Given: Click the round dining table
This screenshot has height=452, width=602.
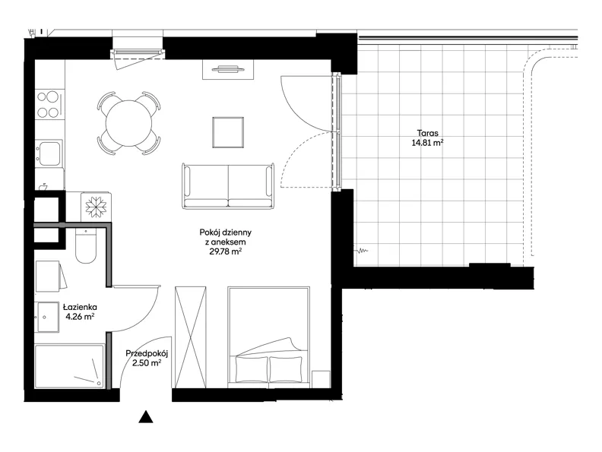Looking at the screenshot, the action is (x=129, y=123).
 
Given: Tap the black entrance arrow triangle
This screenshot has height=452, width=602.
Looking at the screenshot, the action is (x=146, y=417).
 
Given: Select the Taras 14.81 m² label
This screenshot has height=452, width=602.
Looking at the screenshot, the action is (x=428, y=138).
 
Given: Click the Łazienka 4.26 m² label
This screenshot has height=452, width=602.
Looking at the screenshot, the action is (x=81, y=312).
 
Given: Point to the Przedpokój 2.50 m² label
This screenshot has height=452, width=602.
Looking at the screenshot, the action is (x=147, y=358).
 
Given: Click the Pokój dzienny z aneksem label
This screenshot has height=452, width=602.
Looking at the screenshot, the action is (x=226, y=242).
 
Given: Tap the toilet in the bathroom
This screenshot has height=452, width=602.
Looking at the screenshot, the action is (x=85, y=245).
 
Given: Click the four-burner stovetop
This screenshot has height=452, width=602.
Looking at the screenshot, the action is (x=49, y=104).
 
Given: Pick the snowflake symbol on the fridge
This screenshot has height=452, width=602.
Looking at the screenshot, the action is (x=96, y=207).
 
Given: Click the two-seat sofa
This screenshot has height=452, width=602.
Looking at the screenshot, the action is (x=229, y=186).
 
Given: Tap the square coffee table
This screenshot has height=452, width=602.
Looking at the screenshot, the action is (x=228, y=132).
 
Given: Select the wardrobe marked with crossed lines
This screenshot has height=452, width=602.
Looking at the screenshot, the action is (x=191, y=337).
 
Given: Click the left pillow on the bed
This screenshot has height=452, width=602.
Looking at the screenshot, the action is (x=252, y=369).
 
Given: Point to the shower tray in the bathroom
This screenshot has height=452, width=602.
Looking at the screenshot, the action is (x=69, y=366).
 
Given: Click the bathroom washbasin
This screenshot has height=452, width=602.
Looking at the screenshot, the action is (x=49, y=317).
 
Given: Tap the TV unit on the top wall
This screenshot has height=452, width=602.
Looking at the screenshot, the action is (x=228, y=69).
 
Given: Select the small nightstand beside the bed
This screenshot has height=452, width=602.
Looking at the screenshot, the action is (x=321, y=380).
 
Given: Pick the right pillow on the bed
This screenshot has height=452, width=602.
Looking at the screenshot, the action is (x=286, y=369).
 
